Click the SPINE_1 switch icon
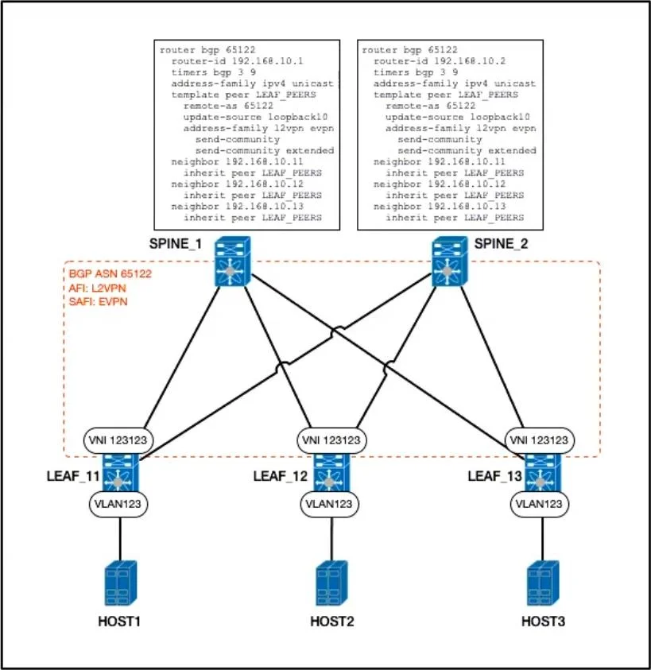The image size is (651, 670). click(x=233, y=261)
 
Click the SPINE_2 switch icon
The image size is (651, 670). click(x=450, y=261)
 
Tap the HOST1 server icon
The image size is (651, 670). click(x=121, y=583)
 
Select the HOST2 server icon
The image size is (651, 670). click(x=331, y=583)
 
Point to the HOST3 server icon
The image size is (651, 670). click(x=543, y=583)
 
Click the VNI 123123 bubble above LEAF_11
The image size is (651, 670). click(x=118, y=440)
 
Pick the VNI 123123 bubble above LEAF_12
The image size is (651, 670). click(x=331, y=440)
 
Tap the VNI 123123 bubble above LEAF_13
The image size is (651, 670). click(x=540, y=440)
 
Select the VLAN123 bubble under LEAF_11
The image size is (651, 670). click(x=118, y=504)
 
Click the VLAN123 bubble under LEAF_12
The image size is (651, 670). click(x=329, y=504)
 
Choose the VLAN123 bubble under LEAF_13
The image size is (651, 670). click(x=540, y=504)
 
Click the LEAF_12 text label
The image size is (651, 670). click(x=281, y=476)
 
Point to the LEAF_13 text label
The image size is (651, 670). click(x=495, y=476)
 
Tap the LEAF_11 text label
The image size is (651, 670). click(x=73, y=476)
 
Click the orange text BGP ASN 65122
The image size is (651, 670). click(x=110, y=274)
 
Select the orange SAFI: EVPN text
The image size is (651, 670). click(x=99, y=302)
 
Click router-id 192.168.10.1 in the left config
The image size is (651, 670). click(x=237, y=61)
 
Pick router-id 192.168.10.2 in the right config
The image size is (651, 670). click(x=440, y=61)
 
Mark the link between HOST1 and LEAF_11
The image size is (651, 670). click(x=120, y=538)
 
